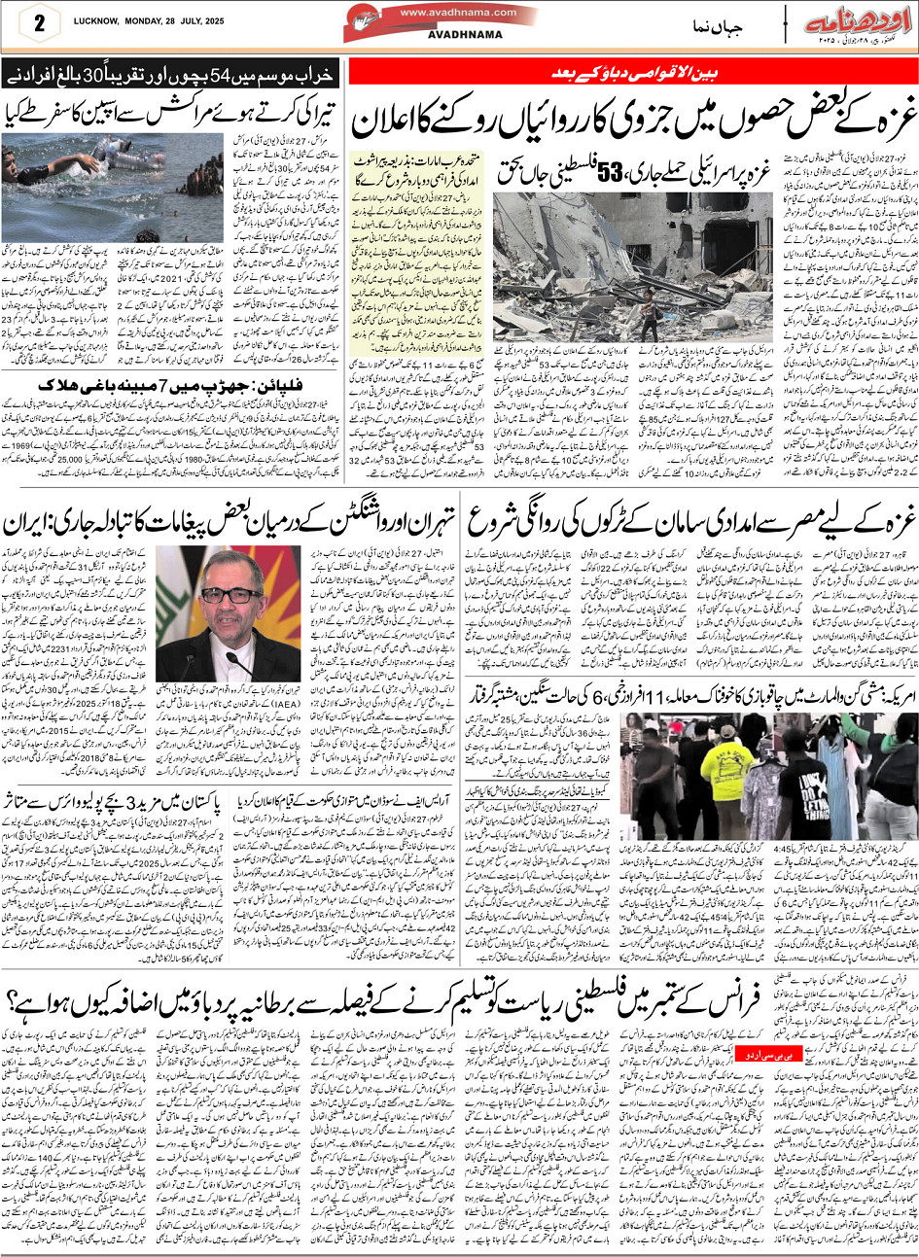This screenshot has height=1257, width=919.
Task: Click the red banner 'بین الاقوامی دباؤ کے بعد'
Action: click(631, 73)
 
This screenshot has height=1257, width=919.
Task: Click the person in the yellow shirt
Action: click(725, 767)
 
